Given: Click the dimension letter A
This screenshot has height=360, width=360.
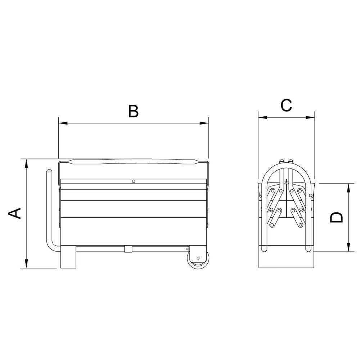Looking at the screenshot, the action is tap(15, 213).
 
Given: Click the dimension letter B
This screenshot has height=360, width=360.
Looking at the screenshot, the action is tap(134, 111).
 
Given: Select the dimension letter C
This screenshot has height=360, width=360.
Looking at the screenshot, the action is tap(286, 105).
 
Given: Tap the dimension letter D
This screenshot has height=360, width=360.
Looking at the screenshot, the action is tap(336, 217).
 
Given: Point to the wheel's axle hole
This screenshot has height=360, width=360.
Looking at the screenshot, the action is tap(198, 258).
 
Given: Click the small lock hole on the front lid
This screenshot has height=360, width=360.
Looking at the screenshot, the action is tap(134, 181).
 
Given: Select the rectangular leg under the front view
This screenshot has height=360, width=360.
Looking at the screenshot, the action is tap(68, 257).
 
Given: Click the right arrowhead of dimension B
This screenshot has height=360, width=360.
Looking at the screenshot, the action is tap(204, 123).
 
